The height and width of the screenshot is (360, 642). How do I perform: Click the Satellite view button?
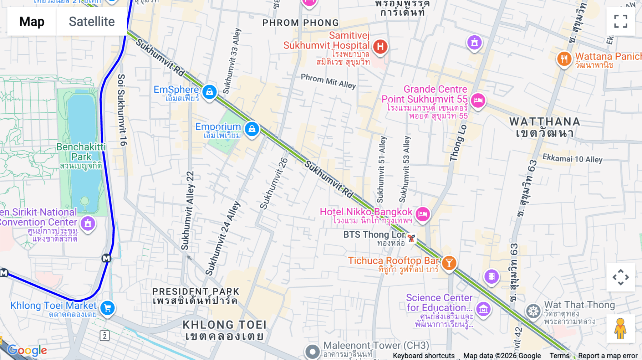coord(92,21)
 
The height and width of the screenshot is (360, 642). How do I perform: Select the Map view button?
coord(32,21)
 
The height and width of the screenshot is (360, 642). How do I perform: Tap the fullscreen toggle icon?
coord(621,21)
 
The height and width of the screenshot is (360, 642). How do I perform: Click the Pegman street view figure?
coord(620,328)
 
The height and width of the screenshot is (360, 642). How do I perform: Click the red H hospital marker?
coord(380,46)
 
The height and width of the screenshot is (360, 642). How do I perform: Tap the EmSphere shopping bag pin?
coord(209,92)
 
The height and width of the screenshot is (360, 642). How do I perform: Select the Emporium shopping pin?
coord(252,129)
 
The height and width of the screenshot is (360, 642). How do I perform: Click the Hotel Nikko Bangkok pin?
coord(423,214)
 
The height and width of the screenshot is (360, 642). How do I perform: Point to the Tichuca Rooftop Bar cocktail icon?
coord(449,263)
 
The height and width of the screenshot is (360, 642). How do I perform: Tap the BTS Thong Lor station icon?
coord(411,238)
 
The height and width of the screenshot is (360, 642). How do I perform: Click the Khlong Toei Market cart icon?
coord(107,308)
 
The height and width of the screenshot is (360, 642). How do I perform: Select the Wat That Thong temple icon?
coord(533,311)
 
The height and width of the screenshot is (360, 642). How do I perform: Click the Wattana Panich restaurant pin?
coord(564,58)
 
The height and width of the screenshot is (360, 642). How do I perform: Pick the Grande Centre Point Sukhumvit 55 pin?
coord(478,100)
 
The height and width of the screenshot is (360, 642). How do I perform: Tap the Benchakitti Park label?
coord(81,152)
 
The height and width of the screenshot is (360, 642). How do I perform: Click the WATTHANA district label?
coord(545,122)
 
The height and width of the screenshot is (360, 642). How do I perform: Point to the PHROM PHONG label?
coord(300,23)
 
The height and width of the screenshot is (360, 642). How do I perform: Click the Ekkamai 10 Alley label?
coord(572,159)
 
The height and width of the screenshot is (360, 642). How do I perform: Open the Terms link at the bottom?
coord(559,355)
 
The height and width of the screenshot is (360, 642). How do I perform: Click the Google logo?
coord(27,350)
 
